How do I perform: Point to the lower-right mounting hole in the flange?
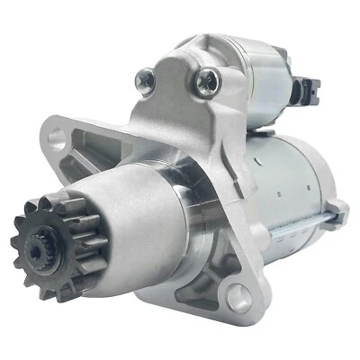pos(235,294)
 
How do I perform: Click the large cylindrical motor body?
pos(270,180)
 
